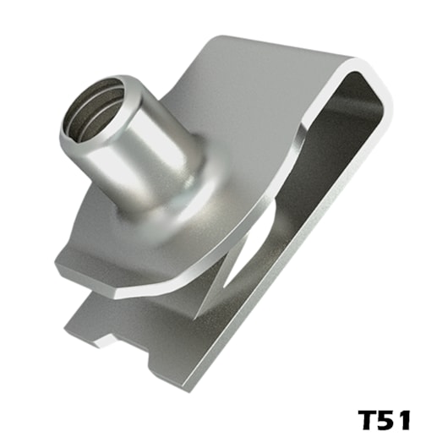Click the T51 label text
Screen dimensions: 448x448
tap(385, 420)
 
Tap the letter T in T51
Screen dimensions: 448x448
tap(367, 420)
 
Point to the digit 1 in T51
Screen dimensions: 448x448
tap(406, 420)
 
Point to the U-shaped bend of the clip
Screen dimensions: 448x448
tap(369, 74)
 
